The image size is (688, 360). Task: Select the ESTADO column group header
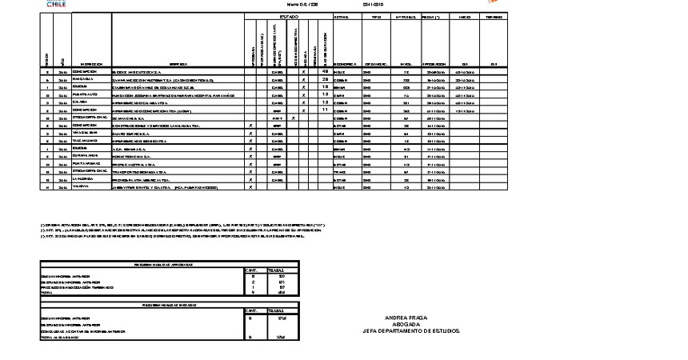(x=289, y=16)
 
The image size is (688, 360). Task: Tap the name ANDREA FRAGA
(x=406, y=318)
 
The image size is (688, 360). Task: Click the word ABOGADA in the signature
(x=406, y=324)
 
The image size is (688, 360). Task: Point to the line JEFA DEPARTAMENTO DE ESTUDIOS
(x=406, y=330)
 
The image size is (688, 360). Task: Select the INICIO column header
(x=465, y=16)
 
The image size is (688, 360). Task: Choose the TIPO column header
(x=376, y=16)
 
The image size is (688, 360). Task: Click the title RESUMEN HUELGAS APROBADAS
(x=169, y=263)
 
